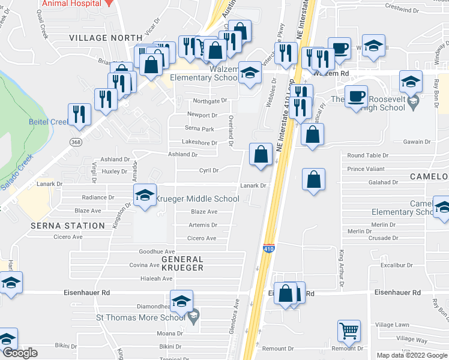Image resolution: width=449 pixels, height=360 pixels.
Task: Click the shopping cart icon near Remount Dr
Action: click(x=348, y=331)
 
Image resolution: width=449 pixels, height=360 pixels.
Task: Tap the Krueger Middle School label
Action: click(x=197, y=199)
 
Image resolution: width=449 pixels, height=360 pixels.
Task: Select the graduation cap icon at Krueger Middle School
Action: click(x=145, y=196)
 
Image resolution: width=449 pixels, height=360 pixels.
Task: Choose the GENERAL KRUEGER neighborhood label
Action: click(x=182, y=264)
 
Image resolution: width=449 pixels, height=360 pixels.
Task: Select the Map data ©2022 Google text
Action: click(x=411, y=355)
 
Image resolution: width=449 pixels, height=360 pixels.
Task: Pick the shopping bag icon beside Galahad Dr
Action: click(x=313, y=179)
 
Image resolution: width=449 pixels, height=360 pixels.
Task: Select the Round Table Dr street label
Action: click(x=367, y=155)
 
